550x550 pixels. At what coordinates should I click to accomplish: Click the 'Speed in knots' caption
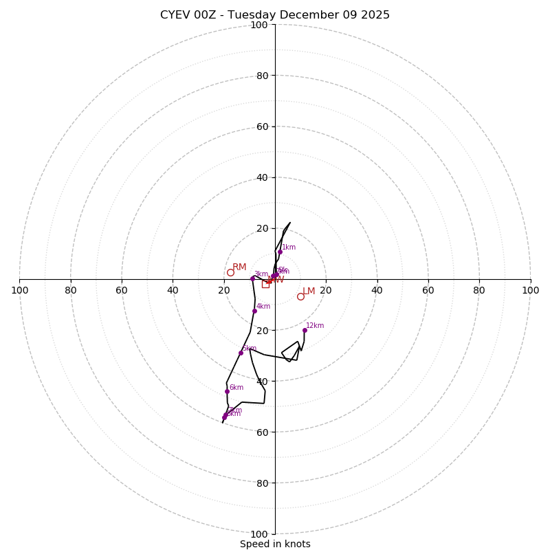pos(275,544)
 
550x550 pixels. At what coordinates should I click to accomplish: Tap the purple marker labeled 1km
pos(280,252)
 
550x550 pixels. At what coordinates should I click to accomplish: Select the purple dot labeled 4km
pos(254,311)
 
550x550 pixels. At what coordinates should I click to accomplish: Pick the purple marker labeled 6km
pos(227,391)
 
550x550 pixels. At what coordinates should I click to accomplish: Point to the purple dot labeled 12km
pos(305,330)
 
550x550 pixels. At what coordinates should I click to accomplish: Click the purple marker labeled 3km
pos(252,278)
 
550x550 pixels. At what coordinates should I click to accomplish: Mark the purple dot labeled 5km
pos(241,353)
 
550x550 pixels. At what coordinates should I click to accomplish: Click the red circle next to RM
pos(230,272)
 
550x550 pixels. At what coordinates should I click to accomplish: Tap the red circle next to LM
pos(300,296)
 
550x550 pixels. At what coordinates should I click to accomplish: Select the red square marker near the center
pos(265,283)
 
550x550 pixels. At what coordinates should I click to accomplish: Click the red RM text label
pos(239,267)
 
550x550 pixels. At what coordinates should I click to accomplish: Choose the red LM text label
pos(309,291)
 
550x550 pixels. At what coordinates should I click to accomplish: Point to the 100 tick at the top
pos(259,25)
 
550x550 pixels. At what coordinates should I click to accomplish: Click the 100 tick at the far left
pos(19,290)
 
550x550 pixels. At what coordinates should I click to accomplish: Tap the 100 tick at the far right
pos(530,290)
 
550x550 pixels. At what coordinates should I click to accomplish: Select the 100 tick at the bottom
pos(259,534)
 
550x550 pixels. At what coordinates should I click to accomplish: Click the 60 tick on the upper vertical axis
pos(263,126)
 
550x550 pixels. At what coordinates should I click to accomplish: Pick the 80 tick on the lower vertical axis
pos(263,483)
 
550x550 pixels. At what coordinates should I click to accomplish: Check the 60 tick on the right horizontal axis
pos(428,290)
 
